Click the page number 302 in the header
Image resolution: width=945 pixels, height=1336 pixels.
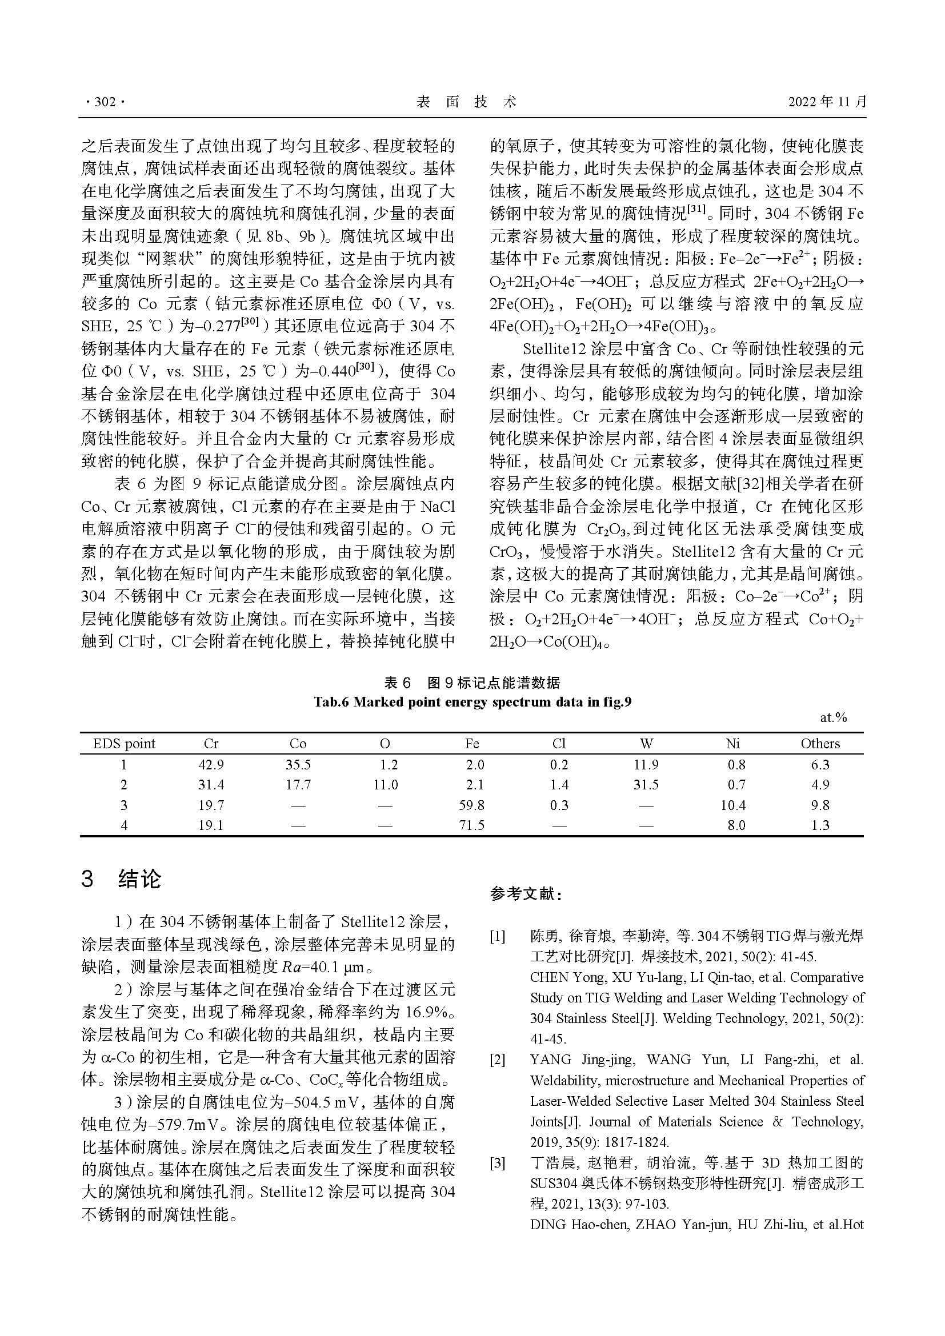tap(105, 102)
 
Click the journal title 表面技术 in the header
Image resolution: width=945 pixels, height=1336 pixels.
tap(466, 102)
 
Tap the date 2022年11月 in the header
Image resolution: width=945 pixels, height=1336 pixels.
tap(827, 102)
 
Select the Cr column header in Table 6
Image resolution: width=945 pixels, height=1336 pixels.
tap(211, 743)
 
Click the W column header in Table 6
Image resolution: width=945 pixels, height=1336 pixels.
tap(646, 743)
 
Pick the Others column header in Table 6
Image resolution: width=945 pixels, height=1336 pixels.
tap(820, 743)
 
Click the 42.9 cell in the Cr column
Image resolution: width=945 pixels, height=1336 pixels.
tap(211, 765)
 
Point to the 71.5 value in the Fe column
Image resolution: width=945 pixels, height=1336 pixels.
tap(472, 825)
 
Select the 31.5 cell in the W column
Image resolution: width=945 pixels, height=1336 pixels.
tap(646, 785)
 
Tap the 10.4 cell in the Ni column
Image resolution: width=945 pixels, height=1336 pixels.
tap(733, 805)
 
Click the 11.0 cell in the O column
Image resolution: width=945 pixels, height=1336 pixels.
tap(385, 785)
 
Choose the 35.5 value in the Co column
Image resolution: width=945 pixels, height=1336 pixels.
tap(298, 765)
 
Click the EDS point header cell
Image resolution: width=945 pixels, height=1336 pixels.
tap(124, 743)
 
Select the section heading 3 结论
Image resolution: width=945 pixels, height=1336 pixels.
tap(121, 878)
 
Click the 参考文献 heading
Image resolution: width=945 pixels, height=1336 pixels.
tap(526, 894)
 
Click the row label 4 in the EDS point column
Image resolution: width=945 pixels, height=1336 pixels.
tap(124, 825)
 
